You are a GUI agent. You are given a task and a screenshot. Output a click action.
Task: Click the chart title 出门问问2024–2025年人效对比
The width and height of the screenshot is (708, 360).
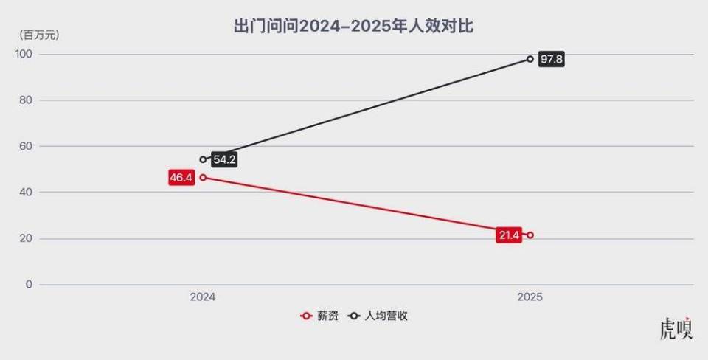tap(353, 27)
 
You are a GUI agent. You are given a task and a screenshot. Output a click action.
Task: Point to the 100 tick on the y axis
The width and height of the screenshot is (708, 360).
tap(24, 54)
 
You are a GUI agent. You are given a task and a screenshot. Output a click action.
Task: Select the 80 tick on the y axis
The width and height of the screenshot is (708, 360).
tap(26, 100)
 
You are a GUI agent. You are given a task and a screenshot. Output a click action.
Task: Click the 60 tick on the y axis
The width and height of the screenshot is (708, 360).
tap(26, 146)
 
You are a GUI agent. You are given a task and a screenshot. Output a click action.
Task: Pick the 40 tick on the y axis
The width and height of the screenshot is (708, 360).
tap(26, 192)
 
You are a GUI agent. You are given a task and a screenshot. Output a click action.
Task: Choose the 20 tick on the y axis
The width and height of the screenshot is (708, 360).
tap(26, 238)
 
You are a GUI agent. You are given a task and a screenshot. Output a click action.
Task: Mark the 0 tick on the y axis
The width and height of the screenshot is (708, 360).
tap(29, 284)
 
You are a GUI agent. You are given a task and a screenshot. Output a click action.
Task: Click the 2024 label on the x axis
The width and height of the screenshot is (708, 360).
tap(203, 297)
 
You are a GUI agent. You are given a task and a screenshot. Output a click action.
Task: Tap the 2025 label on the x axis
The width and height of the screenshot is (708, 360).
tap(530, 297)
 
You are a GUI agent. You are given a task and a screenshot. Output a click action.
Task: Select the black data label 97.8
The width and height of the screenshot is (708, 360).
tap(551, 59)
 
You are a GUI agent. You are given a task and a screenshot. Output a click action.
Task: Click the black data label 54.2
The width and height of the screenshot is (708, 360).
tap(224, 159)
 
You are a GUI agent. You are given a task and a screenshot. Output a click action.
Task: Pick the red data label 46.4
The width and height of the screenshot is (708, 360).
tap(181, 178)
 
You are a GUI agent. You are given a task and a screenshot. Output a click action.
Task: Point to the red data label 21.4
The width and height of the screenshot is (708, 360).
tap(509, 235)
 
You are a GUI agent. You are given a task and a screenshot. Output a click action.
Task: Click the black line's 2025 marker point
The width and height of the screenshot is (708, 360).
tap(530, 59)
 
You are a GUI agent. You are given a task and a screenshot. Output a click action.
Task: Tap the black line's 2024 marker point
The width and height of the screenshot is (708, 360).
tap(203, 159)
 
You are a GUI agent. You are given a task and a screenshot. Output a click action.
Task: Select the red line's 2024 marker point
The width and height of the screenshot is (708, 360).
tap(203, 177)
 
